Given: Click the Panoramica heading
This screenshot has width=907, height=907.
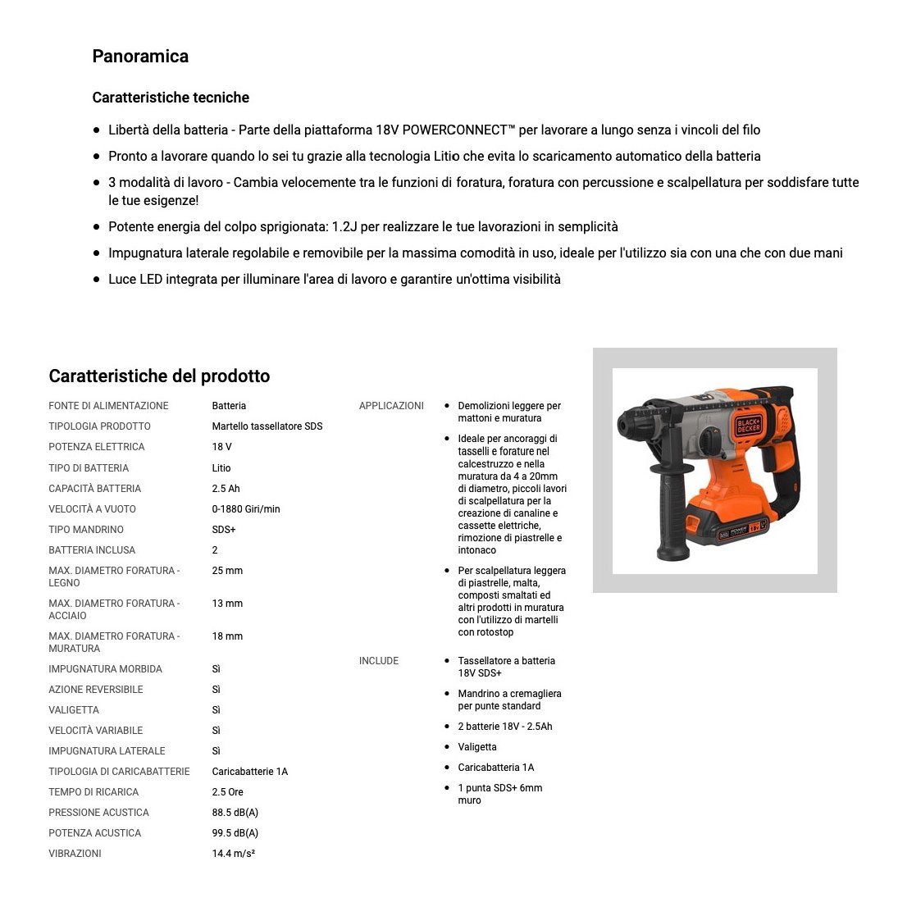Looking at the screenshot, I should pyautogui.click(x=140, y=57).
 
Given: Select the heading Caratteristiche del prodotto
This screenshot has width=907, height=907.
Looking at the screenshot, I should pyautogui.click(x=159, y=376).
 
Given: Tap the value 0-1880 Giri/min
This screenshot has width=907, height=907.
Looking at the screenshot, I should pyautogui.click(x=246, y=509).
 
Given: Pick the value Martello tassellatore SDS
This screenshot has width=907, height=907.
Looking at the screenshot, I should pyautogui.click(x=267, y=426).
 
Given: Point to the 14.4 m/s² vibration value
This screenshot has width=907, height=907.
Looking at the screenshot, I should pyautogui.click(x=234, y=854).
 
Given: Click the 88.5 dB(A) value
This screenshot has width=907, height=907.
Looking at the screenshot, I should pyautogui.click(x=235, y=813).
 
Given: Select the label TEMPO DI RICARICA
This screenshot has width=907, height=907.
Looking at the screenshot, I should pyautogui.click(x=93, y=792).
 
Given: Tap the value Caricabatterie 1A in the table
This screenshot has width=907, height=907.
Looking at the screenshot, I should pyautogui.click(x=250, y=772).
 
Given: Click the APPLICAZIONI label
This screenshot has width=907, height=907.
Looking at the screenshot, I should pyautogui.click(x=391, y=406).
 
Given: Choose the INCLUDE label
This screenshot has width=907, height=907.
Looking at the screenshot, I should pyautogui.click(x=379, y=661).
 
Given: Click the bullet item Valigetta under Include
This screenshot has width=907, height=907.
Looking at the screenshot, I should pyautogui.click(x=477, y=747).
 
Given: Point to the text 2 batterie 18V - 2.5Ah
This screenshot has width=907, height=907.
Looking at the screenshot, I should pyautogui.click(x=505, y=727).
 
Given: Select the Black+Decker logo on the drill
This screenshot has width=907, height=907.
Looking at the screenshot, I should pyautogui.click(x=748, y=423).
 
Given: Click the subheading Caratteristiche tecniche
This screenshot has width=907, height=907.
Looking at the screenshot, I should pyautogui.click(x=171, y=98).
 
